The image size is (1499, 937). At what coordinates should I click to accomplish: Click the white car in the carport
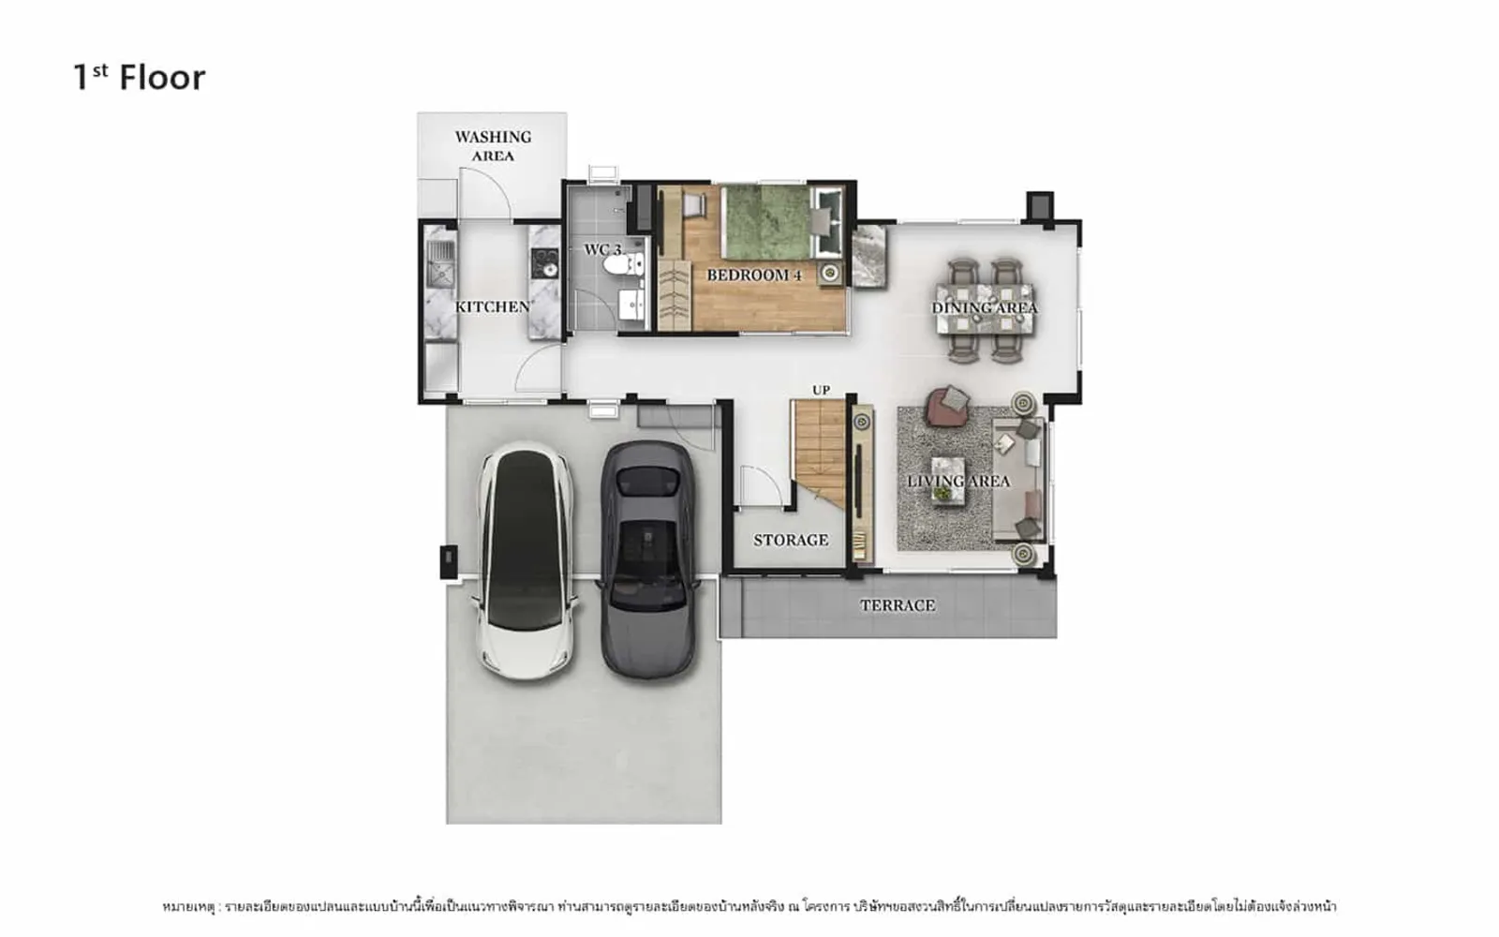526,560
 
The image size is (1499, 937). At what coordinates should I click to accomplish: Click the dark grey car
646,559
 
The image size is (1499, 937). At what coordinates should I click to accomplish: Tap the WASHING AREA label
493,146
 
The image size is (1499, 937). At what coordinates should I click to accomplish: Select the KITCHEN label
493,306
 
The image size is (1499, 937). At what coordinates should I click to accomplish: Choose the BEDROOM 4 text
754,275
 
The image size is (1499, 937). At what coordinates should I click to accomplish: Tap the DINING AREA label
985,308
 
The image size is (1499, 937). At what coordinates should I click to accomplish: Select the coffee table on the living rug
948,480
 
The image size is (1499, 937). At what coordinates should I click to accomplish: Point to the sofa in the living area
1018,479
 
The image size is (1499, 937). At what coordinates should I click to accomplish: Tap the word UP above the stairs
821,390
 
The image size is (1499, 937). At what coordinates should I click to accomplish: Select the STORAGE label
791,540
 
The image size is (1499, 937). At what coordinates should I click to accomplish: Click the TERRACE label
898,605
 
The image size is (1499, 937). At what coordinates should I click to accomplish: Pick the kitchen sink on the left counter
440,263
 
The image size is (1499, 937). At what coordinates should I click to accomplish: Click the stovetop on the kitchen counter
544,263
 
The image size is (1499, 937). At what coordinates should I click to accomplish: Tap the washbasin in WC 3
631,305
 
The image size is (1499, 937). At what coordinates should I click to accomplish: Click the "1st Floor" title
140,78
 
